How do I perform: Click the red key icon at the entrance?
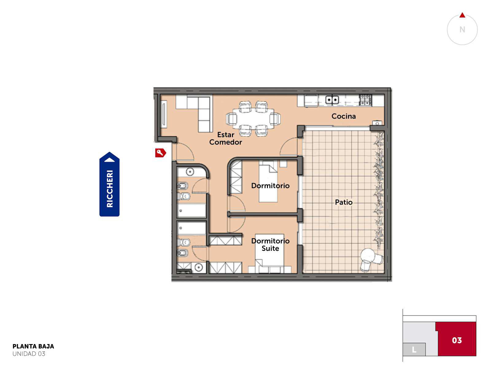(160, 153)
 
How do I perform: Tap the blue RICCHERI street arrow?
(109, 184)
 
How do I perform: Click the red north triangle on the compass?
(462, 15)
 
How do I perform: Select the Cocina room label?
(343, 116)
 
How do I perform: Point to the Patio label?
(344, 202)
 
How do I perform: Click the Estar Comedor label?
(226, 139)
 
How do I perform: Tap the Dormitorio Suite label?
(270, 245)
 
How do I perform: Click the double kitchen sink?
(332, 100)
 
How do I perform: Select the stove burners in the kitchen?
(365, 100)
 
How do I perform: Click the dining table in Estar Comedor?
(253, 119)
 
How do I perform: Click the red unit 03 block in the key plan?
(456, 339)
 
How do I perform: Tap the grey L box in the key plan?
(414, 350)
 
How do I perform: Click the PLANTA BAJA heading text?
(33, 346)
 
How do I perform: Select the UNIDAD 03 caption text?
(29, 354)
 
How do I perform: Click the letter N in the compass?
(462, 29)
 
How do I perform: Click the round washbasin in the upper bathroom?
(190, 172)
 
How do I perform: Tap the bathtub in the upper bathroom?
(191, 210)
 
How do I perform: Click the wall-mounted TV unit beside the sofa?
(164, 114)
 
